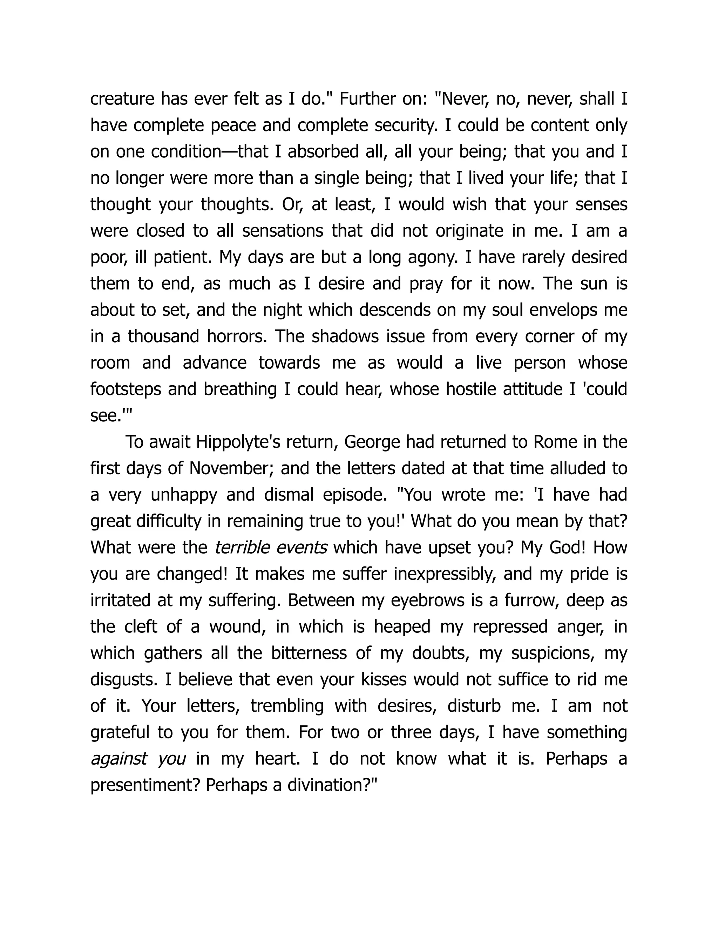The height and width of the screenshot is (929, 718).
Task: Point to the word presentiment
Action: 145,785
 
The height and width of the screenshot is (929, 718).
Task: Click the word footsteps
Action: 126,389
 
